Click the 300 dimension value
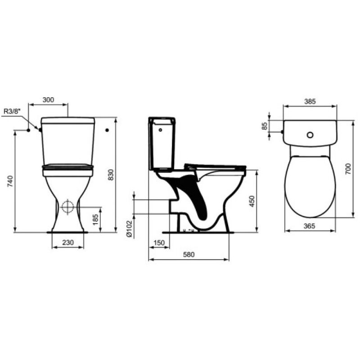point(48,100)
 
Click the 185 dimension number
point(95,220)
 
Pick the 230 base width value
point(67,242)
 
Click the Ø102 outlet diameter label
point(128,228)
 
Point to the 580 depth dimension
point(189,255)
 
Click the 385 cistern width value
point(310,102)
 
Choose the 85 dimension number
point(265,126)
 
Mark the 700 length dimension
point(348,169)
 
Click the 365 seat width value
point(310,226)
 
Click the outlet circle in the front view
point(67,207)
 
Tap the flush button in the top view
point(310,135)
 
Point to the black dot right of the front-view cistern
point(107,130)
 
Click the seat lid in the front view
point(67,170)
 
